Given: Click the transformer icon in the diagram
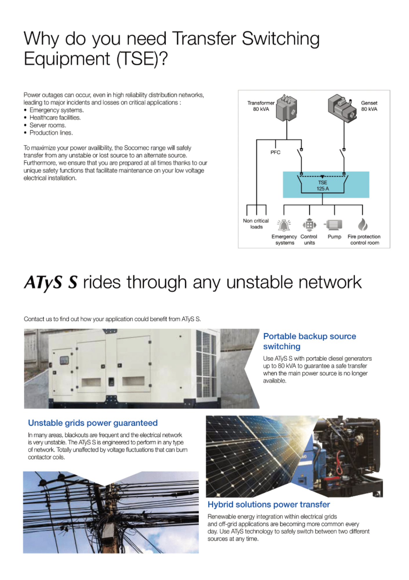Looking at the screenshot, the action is click(287, 108).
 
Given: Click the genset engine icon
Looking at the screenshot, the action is click(342, 108).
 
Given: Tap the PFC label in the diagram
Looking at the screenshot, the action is click(275, 152).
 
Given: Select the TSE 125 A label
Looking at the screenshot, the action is click(323, 186).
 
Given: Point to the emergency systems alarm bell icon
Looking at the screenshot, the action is click(284, 225).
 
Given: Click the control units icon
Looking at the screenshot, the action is click(309, 225).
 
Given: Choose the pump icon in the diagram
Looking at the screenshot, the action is click(333, 225).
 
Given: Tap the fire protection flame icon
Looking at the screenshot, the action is click(363, 224).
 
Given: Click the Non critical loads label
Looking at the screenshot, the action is click(256, 224).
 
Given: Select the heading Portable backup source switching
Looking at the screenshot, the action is click(310, 341).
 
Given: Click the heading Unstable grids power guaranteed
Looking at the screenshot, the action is click(93, 423).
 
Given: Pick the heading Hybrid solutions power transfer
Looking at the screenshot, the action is click(269, 505).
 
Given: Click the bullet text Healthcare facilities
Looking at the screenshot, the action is click(55, 117).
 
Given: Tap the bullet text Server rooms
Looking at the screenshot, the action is click(48, 125).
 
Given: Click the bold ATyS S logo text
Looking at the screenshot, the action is click(51, 282).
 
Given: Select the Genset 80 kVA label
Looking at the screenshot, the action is click(369, 106).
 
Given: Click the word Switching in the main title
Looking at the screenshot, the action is click(280, 39).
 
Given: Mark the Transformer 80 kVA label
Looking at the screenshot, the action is click(261, 106).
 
